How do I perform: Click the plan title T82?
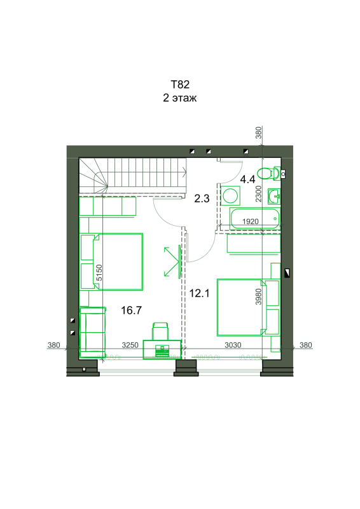pyautogui.click(x=180, y=85)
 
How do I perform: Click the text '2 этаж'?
pyautogui.click(x=180, y=98)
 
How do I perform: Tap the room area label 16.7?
pyautogui.click(x=131, y=310)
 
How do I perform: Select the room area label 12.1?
pyautogui.click(x=199, y=293)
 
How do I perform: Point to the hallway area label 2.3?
pyautogui.click(x=202, y=199)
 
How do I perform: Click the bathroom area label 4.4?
pyautogui.click(x=247, y=179)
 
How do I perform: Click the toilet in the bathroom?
pyautogui.click(x=269, y=173)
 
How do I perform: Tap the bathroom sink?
pyautogui.click(x=274, y=196)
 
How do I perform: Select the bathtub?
pyautogui.click(x=254, y=218)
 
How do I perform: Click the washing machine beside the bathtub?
pyautogui.click(x=230, y=196)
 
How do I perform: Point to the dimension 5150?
pyautogui.click(x=99, y=273)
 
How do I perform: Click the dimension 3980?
pyautogui.click(x=258, y=296)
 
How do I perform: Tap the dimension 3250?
pyautogui.click(x=130, y=345)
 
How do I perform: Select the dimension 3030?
pyautogui.click(x=233, y=345)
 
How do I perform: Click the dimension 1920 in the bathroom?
pyautogui.click(x=250, y=221)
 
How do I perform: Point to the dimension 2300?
pyautogui.click(x=258, y=194)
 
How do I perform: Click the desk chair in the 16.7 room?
pyautogui.click(x=160, y=331)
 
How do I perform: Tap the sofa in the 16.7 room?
pyautogui.click(x=92, y=332)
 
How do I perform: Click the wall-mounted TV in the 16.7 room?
pyautogui.click(x=179, y=261)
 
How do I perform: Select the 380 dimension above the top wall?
pyautogui.click(x=258, y=133)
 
